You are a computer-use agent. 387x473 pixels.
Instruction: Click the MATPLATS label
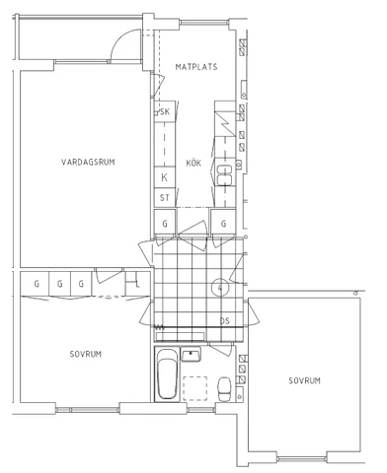coord(196,67)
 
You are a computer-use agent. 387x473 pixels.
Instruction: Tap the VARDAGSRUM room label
coord(88,162)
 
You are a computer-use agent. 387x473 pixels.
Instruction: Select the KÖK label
coord(193,163)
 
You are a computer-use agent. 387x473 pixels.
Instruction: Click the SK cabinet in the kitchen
coord(165,111)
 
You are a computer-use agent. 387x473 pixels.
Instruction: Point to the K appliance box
coord(165,177)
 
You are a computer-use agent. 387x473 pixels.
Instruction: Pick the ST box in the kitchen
coord(165,198)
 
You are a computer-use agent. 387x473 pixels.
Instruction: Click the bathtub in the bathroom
coord(167,373)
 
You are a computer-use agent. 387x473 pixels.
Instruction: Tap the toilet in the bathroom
coord(225,388)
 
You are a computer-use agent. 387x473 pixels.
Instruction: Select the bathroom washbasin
coord(192,354)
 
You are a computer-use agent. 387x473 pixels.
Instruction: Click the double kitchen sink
coord(225,175)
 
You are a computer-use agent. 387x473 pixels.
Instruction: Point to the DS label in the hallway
coord(225,321)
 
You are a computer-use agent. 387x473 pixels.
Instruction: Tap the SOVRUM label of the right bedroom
coord(304,380)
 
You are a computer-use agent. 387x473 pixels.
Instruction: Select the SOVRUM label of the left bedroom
coord(86,354)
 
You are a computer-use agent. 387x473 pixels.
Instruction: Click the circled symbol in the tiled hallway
coord(220,288)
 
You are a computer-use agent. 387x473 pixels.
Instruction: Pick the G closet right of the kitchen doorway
coord(223,223)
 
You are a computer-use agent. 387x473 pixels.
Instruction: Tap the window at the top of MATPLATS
coord(204,23)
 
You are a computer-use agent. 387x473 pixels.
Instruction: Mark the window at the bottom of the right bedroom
coord(302,458)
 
